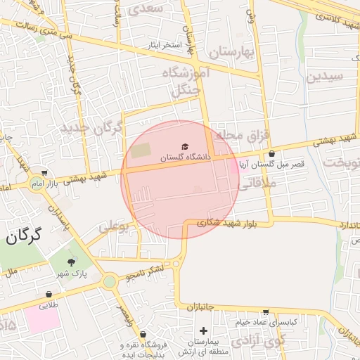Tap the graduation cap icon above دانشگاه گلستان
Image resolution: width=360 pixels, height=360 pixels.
(x=185, y=146)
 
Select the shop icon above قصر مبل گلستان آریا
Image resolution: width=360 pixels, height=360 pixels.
(x=271, y=155)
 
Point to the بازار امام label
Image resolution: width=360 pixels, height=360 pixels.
(x=63, y=184)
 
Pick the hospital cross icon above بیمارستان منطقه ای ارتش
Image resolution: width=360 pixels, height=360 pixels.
(x=203, y=330)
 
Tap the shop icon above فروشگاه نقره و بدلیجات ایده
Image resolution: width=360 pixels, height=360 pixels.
(x=143, y=335)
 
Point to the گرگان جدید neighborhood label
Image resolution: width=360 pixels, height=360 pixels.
(x=91, y=129)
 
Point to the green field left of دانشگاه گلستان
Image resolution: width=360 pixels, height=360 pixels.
(x=141, y=150)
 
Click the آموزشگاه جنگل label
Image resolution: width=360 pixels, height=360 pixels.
(x=186, y=82)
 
